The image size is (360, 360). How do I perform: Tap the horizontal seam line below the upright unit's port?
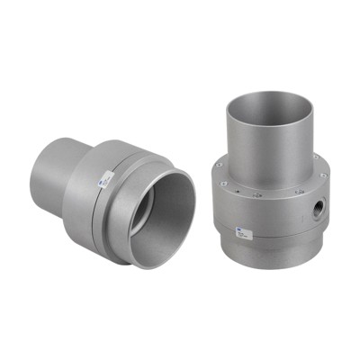pyautogui.click(x=297, y=236)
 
